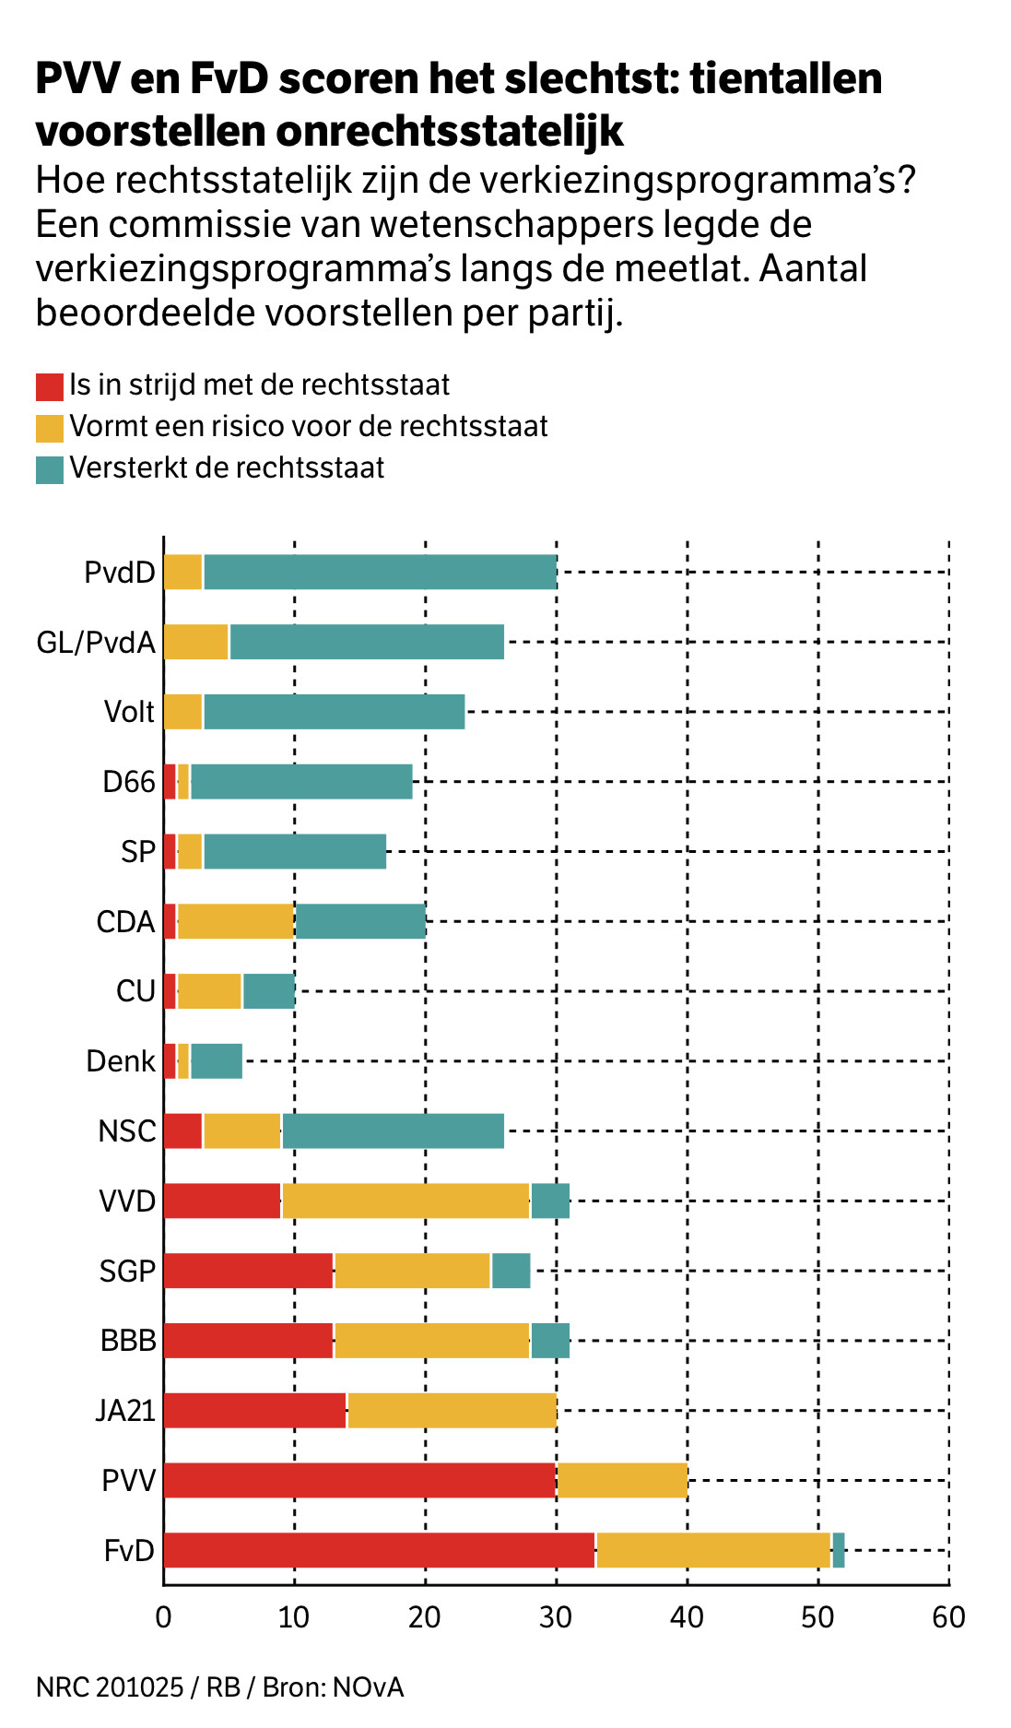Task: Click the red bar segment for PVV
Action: click(359, 1479)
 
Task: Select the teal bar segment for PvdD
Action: click(380, 572)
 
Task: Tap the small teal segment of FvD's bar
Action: click(839, 1549)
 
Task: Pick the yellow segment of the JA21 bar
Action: click(452, 1410)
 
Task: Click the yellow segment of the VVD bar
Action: click(406, 1201)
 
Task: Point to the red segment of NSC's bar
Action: click(182, 1130)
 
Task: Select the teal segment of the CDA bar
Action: click(359, 921)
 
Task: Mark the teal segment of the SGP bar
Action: click(511, 1271)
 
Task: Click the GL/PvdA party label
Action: click(96, 642)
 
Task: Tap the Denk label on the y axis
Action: click(121, 1061)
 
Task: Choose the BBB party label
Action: click(128, 1340)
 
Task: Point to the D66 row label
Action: click(129, 782)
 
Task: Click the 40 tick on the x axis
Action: click(687, 1616)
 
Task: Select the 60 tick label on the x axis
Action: click(948, 1616)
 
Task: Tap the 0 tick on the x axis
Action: click(163, 1616)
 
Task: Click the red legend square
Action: click(50, 386)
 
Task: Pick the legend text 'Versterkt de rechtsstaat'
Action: click(227, 468)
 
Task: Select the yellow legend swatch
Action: click(50, 428)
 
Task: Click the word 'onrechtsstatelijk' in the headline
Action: click(450, 131)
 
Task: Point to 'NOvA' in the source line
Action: click(369, 1687)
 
